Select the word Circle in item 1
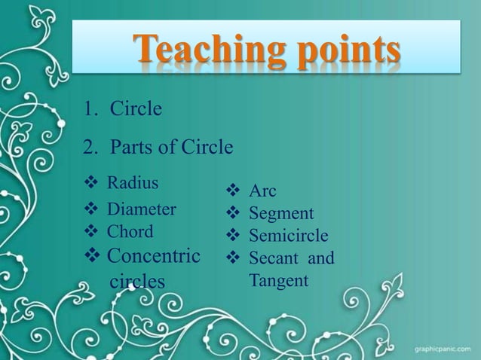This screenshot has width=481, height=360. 136,110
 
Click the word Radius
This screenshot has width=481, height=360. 133,182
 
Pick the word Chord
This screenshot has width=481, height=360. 130,231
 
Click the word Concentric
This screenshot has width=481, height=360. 154,256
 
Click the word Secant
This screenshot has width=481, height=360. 272,259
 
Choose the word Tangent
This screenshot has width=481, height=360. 279,281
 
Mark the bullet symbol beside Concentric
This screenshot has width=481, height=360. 93,256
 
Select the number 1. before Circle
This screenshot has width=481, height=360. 92,110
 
